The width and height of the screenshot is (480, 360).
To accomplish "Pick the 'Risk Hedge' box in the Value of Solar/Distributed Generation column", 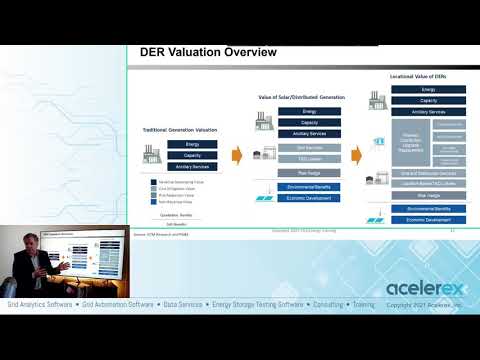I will tap(309, 173).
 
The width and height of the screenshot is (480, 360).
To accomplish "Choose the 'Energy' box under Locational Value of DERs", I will tap(427, 90).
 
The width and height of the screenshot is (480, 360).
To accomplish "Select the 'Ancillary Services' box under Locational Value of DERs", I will tap(427, 112).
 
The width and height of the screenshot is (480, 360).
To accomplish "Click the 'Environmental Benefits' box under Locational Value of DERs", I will tap(427, 209).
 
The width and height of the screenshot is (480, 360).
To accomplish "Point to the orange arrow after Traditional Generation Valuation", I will tap(238, 155).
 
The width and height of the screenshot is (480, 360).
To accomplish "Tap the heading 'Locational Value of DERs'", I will tap(427, 77).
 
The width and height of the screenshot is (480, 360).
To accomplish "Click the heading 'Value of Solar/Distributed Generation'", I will tap(301, 97).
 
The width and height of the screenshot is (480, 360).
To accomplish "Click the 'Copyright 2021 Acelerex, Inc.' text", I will tap(427, 304).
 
